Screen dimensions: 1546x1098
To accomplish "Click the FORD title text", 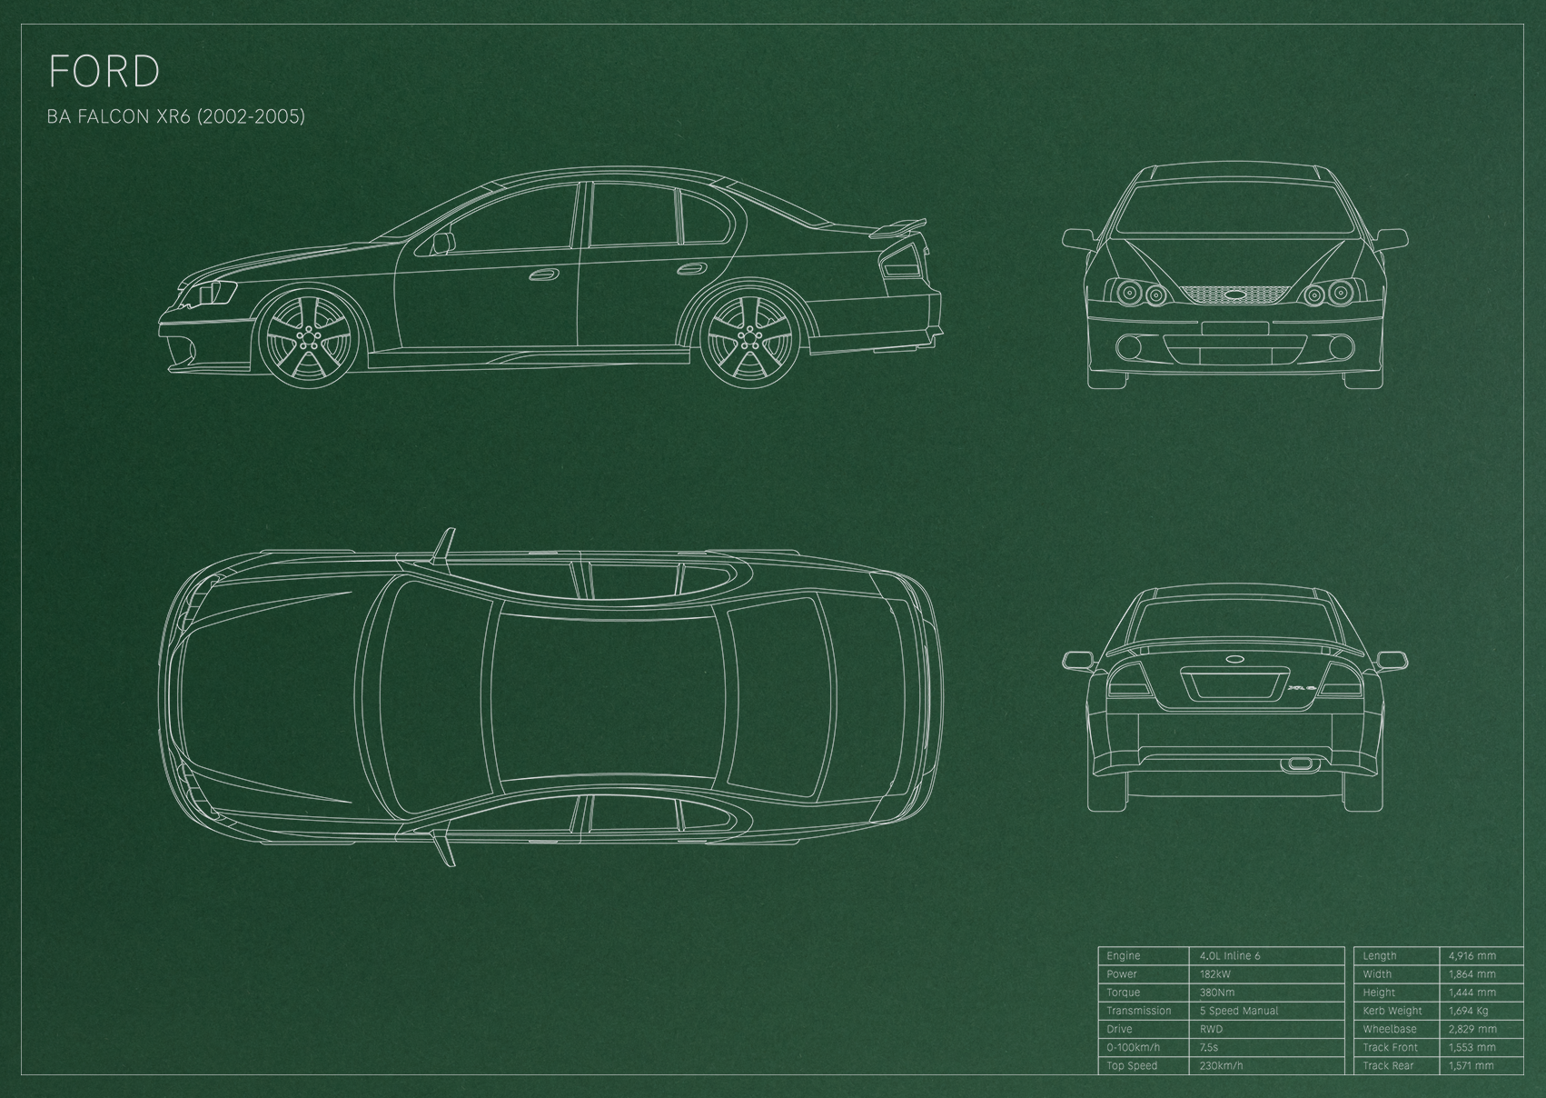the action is (104, 72).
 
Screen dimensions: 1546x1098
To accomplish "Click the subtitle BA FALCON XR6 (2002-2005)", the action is (176, 116).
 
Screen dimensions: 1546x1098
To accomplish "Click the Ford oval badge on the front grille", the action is (1234, 294).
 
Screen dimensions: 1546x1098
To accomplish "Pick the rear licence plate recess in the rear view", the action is (1234, 684).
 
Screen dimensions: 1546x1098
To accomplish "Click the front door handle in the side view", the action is (544, 274).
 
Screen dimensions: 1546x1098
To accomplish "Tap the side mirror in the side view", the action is (443, 244).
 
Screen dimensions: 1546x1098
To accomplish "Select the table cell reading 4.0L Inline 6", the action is (1230, 955).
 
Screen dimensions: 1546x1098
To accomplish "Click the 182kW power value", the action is (1215, 974).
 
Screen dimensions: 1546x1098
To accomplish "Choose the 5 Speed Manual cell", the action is (1239, 1011).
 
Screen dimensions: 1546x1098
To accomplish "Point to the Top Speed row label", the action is (1132, 1065).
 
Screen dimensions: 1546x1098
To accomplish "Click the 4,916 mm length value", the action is (1472, 956).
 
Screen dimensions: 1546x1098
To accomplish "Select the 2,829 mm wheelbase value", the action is (1472, 1029).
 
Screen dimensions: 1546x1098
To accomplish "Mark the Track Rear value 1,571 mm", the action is (1472, 1065).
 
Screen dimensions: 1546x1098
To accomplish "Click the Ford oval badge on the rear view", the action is (1234, 658).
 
